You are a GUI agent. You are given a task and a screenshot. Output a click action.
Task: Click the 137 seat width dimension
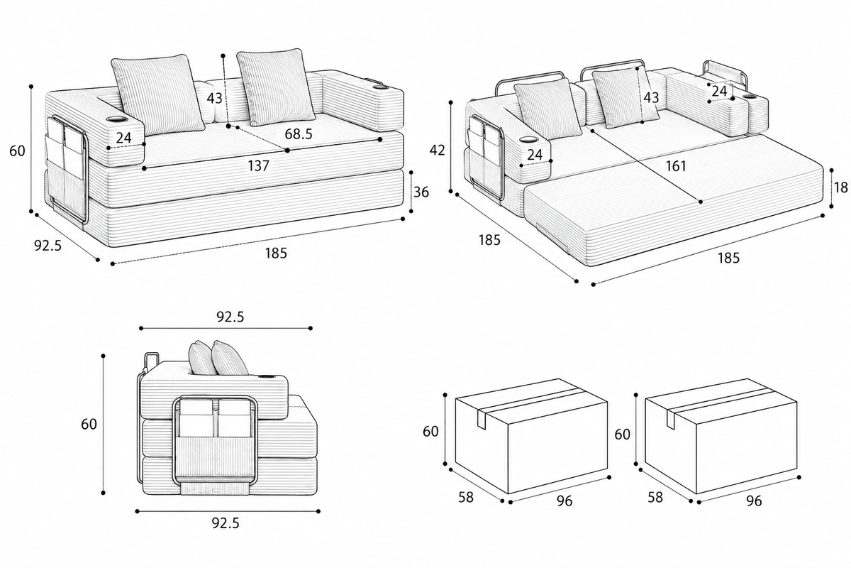[x=259, y=165]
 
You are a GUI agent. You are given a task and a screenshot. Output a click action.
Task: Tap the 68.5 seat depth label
[x=299, y=133]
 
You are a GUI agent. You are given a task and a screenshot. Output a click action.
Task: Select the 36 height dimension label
[x=421, y=192]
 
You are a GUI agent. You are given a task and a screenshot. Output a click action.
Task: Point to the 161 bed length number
[x=677, y=166]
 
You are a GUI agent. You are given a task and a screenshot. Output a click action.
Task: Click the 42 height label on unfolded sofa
[x=437, y=151]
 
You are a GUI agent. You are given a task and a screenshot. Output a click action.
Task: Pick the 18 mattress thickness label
[x=841, y=187]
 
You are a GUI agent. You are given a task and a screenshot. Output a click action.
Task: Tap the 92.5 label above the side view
[x=230, y=317]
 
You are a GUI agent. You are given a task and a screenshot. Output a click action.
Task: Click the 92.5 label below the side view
[x=226, y=523]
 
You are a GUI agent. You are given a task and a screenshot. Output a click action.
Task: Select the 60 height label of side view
[x=89, y=424]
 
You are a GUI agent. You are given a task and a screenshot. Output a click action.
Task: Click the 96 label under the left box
[x=564, y=501]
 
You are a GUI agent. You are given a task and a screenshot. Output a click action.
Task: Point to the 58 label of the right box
[x=655, y=497]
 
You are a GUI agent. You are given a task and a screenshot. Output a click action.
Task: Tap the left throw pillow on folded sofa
[x=158, y=95]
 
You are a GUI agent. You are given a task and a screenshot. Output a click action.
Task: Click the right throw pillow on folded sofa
[x=276, y=87]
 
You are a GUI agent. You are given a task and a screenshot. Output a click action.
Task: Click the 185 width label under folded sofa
[x=276, y=253]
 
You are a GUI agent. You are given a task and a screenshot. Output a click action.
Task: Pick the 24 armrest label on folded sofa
[x=123, y=138]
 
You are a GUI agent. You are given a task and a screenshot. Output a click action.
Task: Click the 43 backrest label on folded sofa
[x=214, y=98]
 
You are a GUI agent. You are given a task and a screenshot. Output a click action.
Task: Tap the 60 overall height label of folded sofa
[x=17, y=151]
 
